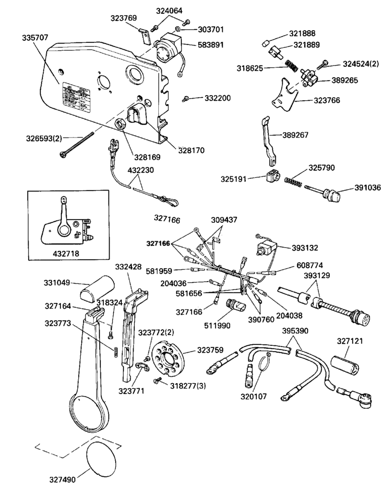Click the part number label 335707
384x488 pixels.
pyautogui.click(x=35, y=38)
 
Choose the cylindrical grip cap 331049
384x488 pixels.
pyautogui.click(x=97, y=288)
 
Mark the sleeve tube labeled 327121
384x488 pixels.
pyautogui.click(x=345, y=365)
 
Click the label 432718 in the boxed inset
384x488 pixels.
pyautogui.click(x=66, y=253)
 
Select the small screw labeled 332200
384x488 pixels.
pyautogui.click(x=185, y=99)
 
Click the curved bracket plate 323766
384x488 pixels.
pyautogui.click(x=285, y=95)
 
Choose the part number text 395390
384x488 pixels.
pyautogui.click(x=295, y=331)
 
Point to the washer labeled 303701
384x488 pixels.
pyautogui.click(x=177, y=29)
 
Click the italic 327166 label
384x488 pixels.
pyautogui.click(x=167, y=219)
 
